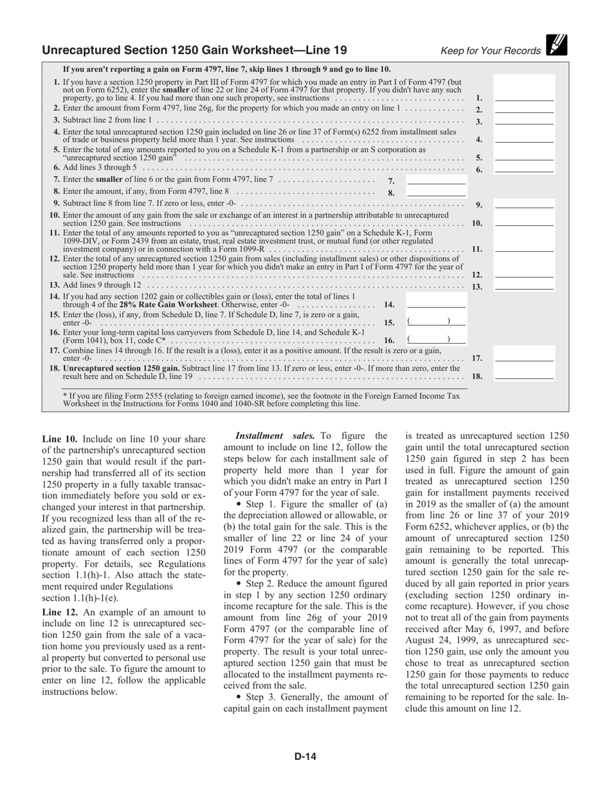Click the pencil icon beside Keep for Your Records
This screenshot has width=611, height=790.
pos(557,45)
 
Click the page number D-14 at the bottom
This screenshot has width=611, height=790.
pos(305,756)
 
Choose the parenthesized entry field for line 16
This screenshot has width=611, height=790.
pos(436,339)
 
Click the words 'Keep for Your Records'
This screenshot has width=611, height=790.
pos(490,51)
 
